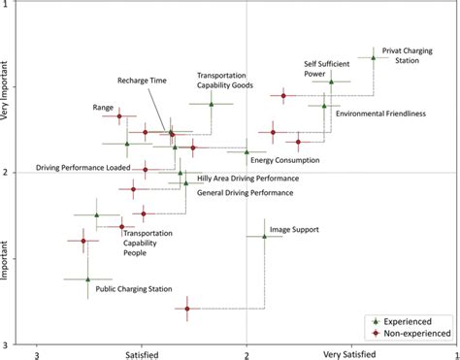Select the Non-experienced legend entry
(408, 332)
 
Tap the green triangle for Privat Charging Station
(373, 57)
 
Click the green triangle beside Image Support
(264, 236)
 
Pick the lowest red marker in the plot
(188, 309)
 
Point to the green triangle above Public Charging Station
(87, 278)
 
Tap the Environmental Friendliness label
(380, 114)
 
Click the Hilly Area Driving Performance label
(247, 179)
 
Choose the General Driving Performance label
(245, 193)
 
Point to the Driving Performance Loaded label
(82, 168)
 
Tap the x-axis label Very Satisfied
(350, 355)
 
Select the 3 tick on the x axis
(37, 354)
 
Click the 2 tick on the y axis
(7, 173)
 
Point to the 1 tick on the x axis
(453, 354)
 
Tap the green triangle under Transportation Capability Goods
(211, 104)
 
